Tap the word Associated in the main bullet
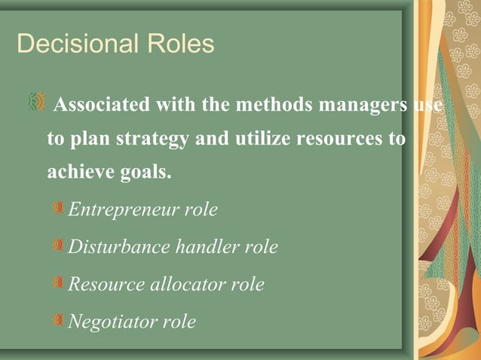(103, 104)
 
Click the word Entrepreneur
(123, 209)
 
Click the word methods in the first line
(268, 104)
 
